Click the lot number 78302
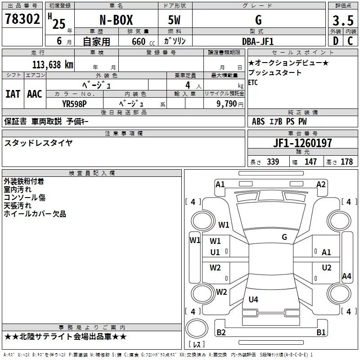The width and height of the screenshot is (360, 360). tap(22, 20)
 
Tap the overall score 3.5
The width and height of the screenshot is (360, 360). tap(343, 21)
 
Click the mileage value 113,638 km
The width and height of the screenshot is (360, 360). tap(53, 64)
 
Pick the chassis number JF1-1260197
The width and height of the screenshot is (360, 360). tap(303, 143)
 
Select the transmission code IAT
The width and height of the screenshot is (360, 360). tap(13, 94)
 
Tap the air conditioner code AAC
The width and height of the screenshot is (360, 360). tap(35, 94)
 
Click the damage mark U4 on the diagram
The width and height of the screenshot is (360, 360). tap(253, 299)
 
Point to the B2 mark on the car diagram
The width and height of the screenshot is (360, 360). tap(221, 333)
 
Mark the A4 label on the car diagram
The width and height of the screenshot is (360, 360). tap(346, 276)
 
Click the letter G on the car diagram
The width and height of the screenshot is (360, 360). tap(284, 237)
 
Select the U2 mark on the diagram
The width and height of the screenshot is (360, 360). tap(327, 267)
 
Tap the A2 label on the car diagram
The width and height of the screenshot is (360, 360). tap(321, 184)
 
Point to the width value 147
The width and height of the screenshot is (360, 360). tap(310, 162)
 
